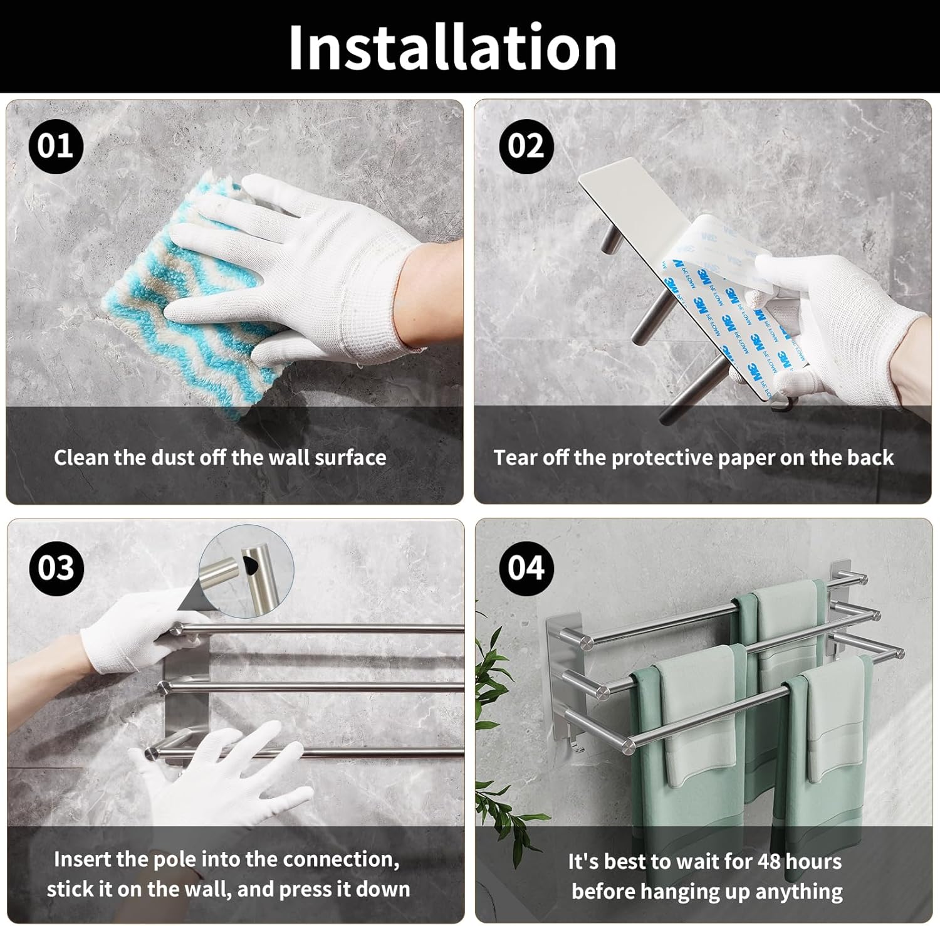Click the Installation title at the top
point(452,48)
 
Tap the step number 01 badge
point(56,146)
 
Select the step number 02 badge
point(526,146)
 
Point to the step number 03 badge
point(56,568)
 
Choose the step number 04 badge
point(526,568)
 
